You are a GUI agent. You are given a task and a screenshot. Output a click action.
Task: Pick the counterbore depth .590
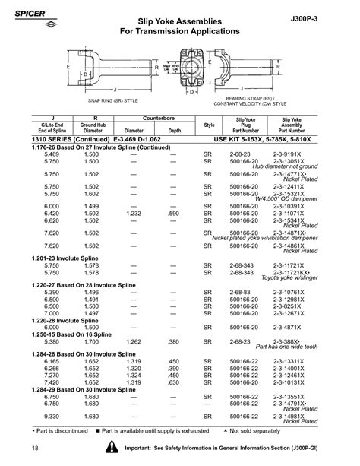coord(173,215)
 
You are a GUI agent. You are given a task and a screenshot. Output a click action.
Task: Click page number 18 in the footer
coord(36,453)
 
